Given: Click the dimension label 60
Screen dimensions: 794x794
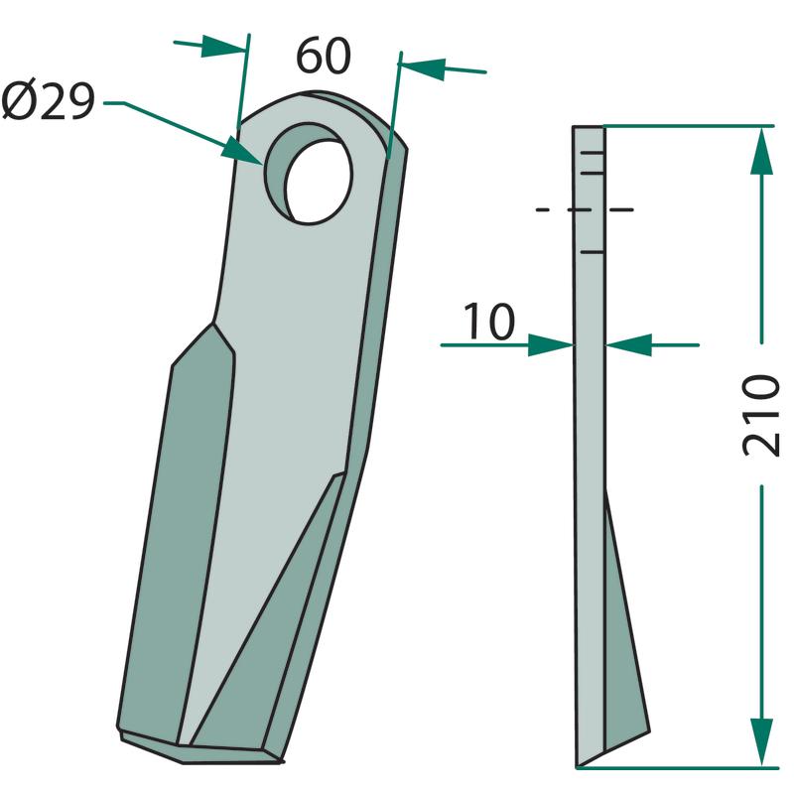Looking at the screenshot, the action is [x=324, y=56].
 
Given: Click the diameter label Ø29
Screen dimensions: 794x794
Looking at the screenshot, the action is [x=49, y=101].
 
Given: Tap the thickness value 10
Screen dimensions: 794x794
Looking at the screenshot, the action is [x=489, y=322].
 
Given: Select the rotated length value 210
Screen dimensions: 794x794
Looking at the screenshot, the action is [x=760, y=415].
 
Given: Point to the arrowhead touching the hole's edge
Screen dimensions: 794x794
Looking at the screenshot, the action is [x=242, y=151].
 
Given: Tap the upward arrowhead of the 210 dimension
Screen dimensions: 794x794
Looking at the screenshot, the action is [x=761, y=150].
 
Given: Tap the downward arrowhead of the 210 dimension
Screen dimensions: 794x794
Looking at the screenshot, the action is [x=761, y=741].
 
